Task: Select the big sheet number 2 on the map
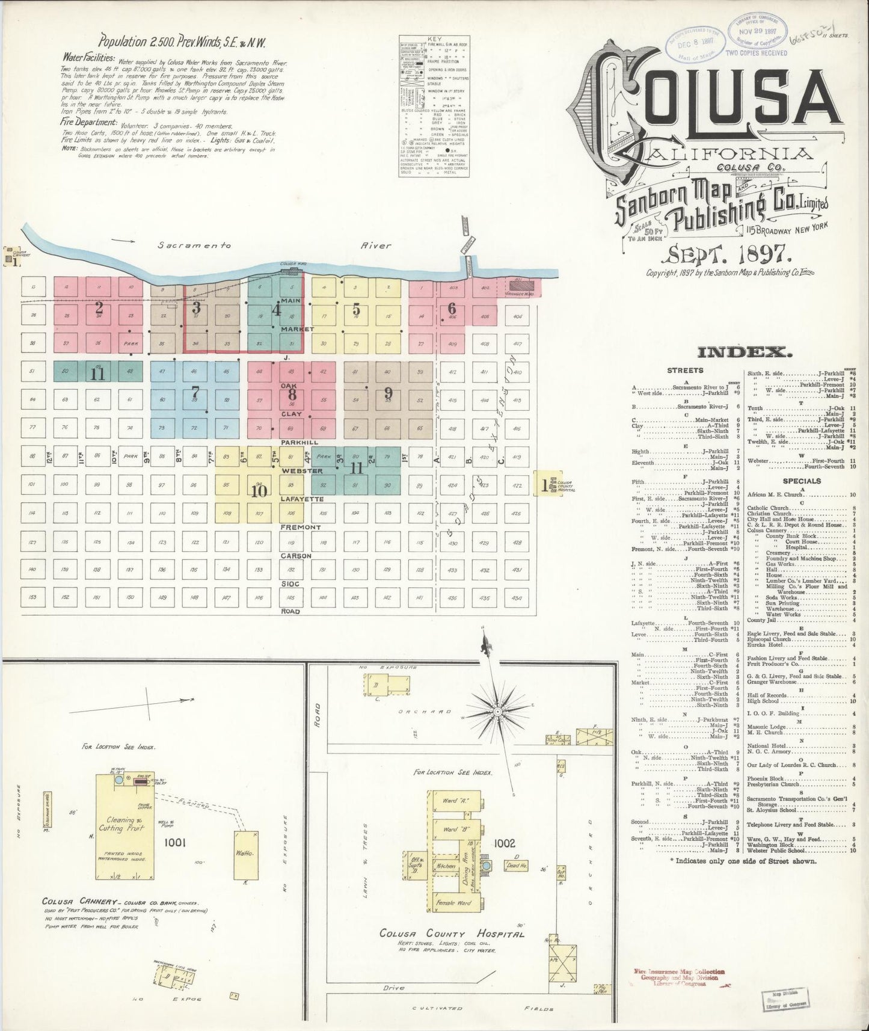pos(99,309)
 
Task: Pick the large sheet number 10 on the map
pos(259,491)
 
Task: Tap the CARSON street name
pos(296,556)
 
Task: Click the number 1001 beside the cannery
pos(176,842)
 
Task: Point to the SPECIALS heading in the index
pos(802,481)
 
